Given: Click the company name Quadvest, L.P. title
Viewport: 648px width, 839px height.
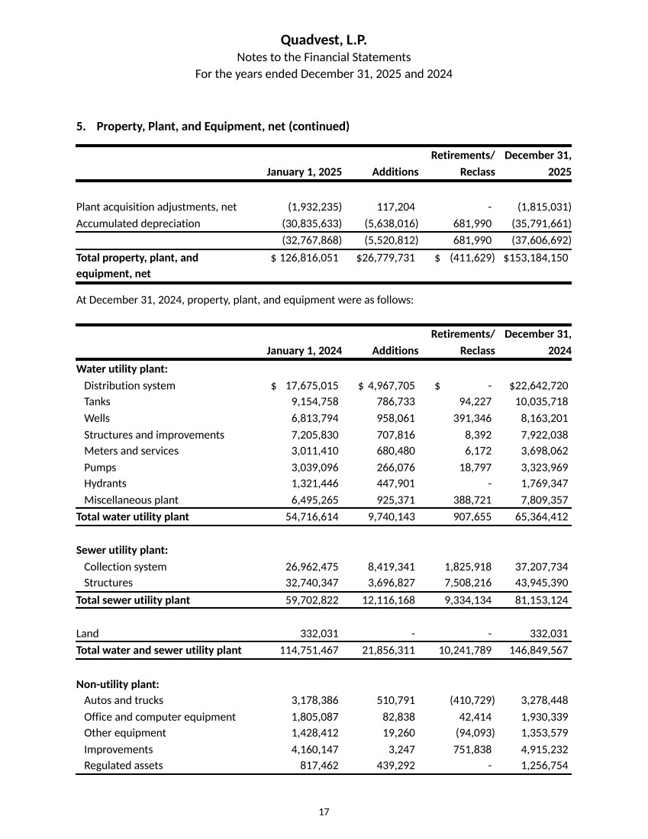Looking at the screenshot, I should [324, 40].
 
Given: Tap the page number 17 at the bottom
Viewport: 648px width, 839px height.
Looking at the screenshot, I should [324, 812].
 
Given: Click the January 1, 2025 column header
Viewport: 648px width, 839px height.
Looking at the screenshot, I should [304, 172].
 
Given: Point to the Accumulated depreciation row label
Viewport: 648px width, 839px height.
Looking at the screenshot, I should [138, 223].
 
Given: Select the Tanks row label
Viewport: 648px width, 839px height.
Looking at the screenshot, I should [97, 402].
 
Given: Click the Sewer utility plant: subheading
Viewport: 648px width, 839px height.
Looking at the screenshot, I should [122, 550].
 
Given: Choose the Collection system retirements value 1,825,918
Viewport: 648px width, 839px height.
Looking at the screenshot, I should [467, 567].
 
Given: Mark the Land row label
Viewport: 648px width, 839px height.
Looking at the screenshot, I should [87, 633].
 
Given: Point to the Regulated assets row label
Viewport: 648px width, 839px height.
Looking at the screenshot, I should [123, 766].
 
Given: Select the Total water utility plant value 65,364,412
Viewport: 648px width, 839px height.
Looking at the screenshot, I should [538, 516].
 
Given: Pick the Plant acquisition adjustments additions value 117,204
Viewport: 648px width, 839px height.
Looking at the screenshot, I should [395, 207].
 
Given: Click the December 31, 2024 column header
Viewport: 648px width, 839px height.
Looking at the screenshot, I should [538, 342].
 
